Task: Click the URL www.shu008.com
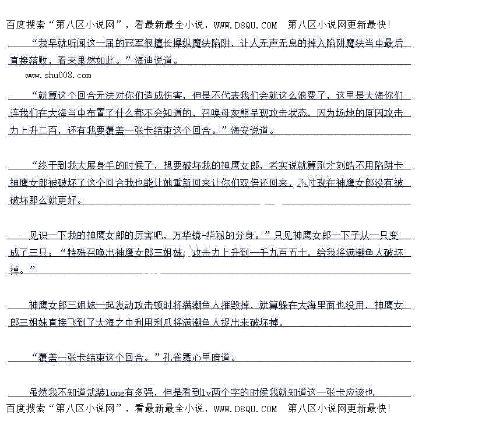click(58, 75)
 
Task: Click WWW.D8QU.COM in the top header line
click(245, 25)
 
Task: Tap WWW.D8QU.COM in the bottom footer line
click(245, 409)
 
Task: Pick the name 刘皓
click(344, 165)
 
